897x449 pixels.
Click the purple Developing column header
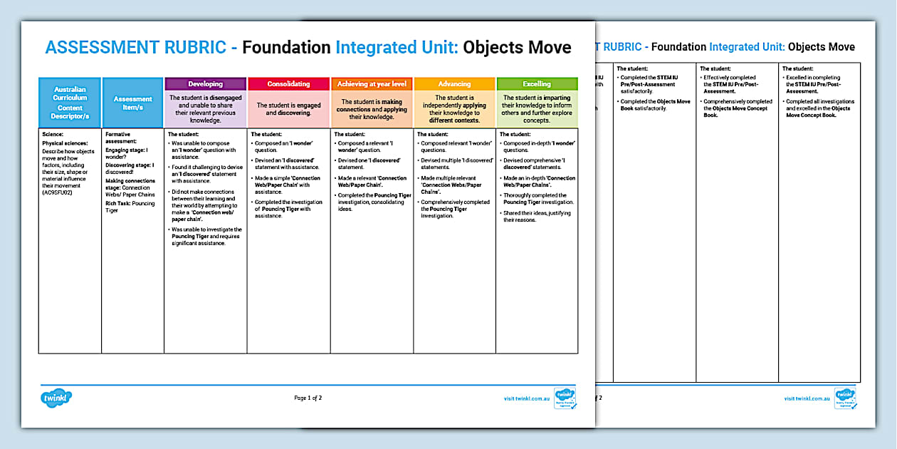[205, 84]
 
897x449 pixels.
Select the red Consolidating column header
[288, 84]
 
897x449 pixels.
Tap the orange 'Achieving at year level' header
[372, 84]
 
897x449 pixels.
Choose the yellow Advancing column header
[454, 84]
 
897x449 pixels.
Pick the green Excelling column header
[537, 84]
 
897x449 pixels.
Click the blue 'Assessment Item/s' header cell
[133, 103]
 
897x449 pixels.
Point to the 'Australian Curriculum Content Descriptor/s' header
[70, 103]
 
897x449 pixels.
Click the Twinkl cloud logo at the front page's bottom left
[56, 396]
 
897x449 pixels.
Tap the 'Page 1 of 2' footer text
[308, 398]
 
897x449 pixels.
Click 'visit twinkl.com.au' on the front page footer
[524, 398]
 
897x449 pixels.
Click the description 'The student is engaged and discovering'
[288, 109]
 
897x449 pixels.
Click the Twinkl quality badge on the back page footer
[845, 398]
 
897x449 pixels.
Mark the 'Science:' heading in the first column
[53, 134]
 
